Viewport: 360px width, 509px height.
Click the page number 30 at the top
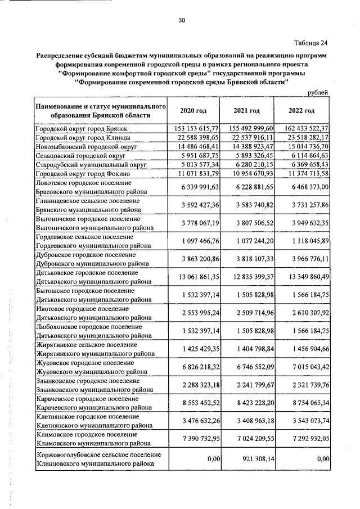(x=182, y=20)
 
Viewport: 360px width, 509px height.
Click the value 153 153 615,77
(x=197, y=129)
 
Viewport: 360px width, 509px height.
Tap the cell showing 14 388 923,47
(x=252, y=146)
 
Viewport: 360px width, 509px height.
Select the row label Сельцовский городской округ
(x=79, y=155)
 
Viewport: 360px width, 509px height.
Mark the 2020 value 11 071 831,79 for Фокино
(x=197, y=174)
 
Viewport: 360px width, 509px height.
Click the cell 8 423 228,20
(x=252, y=403)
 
